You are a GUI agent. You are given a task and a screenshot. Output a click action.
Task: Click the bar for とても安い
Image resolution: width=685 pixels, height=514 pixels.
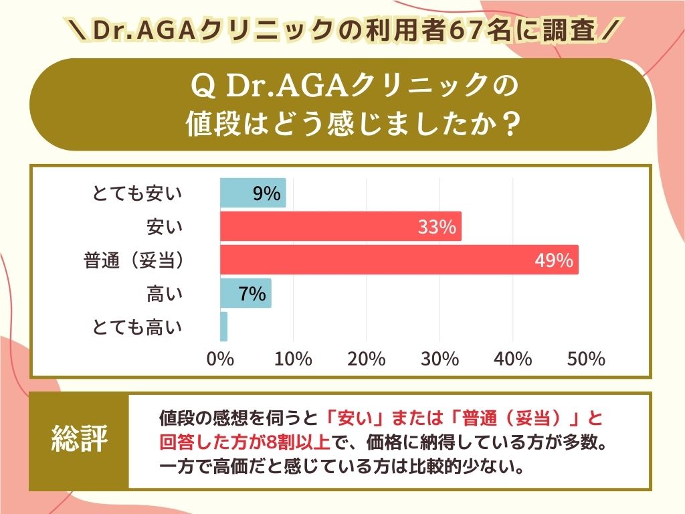point(253,193)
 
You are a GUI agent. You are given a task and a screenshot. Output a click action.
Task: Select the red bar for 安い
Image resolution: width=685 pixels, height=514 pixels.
point(340,226)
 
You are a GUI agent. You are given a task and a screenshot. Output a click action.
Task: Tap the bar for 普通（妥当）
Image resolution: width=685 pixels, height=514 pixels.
point(399,260)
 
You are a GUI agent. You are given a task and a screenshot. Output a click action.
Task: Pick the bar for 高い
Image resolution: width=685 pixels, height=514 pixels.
point(246,293)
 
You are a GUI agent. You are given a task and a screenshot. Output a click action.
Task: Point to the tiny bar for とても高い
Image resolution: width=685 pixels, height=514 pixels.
point(223,327)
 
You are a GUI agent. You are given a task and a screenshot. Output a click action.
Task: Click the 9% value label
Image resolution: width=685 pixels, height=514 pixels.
point(266,193)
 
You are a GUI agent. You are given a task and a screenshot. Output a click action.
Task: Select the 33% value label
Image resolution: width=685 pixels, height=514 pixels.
point(437,227)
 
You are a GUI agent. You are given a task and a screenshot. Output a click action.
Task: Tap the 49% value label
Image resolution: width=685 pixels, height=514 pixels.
point(554,260)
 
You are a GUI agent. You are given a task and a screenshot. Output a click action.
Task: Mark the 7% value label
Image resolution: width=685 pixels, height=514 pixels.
point(252,294)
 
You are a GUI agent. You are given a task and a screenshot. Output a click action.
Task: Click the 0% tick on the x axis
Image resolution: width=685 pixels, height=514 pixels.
point(220,359)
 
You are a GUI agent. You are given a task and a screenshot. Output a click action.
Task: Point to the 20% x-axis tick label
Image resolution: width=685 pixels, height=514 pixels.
point(367,359)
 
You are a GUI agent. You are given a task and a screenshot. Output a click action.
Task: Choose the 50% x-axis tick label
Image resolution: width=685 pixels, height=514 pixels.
point(586,359)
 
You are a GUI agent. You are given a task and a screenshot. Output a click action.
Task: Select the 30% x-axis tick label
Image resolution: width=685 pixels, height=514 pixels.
point(439,359)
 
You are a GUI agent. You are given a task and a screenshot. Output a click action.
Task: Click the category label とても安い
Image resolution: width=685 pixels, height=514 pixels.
point(137,194)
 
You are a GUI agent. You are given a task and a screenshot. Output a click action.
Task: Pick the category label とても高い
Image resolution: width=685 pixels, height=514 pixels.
point(137,327)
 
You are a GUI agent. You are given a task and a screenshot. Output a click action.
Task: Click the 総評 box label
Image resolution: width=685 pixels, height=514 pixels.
point(80,440)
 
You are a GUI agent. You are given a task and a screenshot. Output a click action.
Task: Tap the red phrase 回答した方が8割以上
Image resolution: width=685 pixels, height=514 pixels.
point(246,442)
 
